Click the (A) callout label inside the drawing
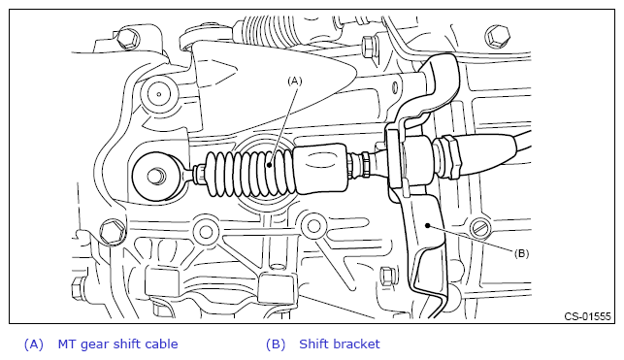pos(294,82)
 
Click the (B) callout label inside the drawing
pos(521,253)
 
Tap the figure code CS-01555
pos(587,316)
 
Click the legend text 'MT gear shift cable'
pos(117,344)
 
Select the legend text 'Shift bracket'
pos(340,344)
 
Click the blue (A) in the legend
pos(33,344)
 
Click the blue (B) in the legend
pos(276,344)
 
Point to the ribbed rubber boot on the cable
pos(250,174)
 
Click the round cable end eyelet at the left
pos(156,177)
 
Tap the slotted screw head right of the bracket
pos(481,229)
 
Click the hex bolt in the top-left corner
pos(127,38)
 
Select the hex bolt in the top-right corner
pos(498,37)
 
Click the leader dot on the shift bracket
pos(428,225)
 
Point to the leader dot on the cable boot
pos(270,165)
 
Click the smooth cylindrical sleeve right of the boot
pos(321,169)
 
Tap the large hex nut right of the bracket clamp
pos(450,156)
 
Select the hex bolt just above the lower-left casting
pos(112,232)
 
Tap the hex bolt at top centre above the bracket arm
pos(369,46)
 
